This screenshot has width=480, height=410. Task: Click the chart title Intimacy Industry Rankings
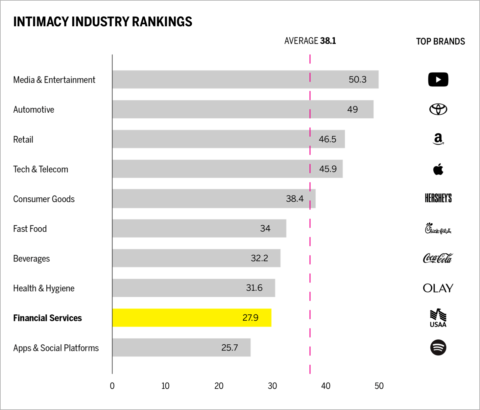[103, 22]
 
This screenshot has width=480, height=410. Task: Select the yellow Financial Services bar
[192, 318]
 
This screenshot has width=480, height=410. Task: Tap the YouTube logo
[438, 80]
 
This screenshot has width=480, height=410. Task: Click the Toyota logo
[438, 109]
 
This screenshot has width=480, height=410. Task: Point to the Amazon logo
[438, 139]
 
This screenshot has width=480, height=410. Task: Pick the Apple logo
[438, 169]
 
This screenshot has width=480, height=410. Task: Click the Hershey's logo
[438, 198]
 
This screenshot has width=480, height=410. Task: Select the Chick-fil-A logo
[438, 228]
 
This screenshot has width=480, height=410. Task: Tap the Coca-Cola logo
[438, 258]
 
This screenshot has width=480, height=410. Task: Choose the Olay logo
[438, 288]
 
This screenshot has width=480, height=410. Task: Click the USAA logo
[438, 318]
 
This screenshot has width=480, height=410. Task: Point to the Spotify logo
[438, 348]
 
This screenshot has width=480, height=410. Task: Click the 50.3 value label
[357, 80]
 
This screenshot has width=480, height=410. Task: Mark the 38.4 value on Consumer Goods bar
[295, 199]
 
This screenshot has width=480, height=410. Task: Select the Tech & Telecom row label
[41, 169]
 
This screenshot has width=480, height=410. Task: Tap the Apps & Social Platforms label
[56, 348]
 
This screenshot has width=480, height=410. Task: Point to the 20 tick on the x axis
[219, 386]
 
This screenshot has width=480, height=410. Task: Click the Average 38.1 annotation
[310, 41]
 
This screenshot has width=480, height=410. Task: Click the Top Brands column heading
[440, 41]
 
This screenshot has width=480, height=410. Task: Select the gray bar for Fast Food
[199, 228]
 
